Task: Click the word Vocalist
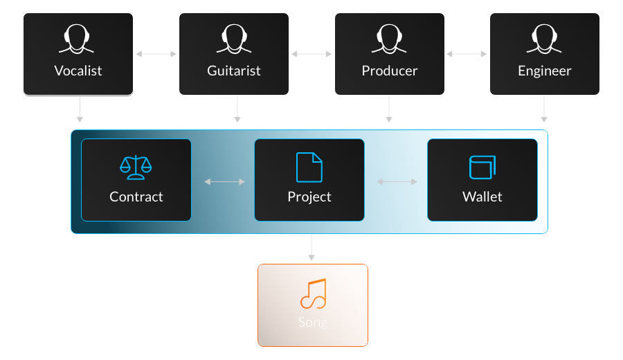[x=78, y=71]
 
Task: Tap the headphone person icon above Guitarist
[x=233, y=40]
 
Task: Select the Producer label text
[x=390, y=71]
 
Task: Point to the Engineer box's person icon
[x=544, y=40]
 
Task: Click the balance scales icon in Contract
[x=136, y=167]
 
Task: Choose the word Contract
[x=136, y=197]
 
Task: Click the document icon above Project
[x=309, y=167]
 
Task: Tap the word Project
[x=309, y=197]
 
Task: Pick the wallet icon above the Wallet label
[x=482, y=167]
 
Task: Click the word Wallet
[x=482, y=197]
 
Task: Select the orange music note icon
[x=313, y=294]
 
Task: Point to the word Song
[x=313, y=322]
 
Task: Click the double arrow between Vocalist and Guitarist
[x=156, y=53]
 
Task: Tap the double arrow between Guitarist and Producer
[x=311, y=53]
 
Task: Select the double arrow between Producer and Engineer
[x=467, y=53]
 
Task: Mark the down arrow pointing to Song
[x=311, y=248]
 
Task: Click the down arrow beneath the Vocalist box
[x=80, y=109]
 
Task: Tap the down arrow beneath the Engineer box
[x=544, y=109]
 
